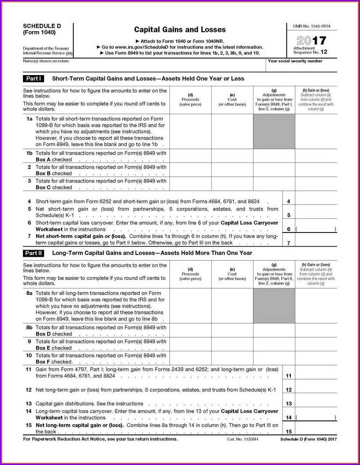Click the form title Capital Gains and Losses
coord(180,30)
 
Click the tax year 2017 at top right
coord(311,40)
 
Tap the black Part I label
coord(34,79)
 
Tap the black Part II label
coord(34,253)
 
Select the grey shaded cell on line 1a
coord(274,131)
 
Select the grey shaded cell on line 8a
coord(274,305)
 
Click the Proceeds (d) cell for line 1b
coord(191,156)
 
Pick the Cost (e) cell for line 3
coord(232,183)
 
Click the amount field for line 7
coord(316,239)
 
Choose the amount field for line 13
coord(316,403)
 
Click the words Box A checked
coord(53,160)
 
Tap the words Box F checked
coord(54,362)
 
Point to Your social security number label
coord(295,61)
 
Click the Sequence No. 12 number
coord(324,52)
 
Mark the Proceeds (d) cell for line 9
coord(191,344)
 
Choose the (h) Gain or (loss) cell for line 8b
coord(316,330)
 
